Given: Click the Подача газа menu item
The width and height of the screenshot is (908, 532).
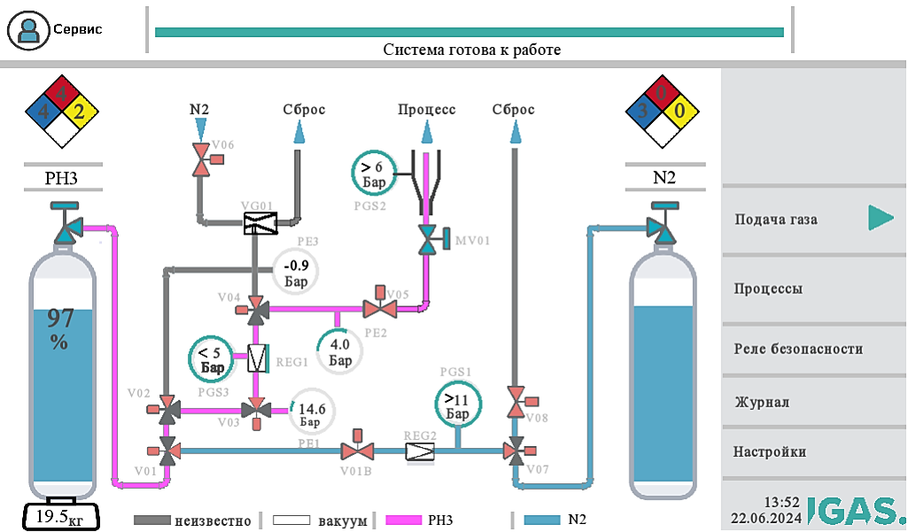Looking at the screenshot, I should [813, 219].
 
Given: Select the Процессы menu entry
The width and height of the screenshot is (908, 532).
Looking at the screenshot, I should [813, 289].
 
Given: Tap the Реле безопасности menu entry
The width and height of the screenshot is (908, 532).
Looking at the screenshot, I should [813, 349].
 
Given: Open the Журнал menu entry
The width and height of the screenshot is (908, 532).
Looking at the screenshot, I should [813, 402].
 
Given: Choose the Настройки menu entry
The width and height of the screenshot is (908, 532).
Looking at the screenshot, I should [813, 451].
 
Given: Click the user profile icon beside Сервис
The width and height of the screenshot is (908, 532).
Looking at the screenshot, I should [29, 30].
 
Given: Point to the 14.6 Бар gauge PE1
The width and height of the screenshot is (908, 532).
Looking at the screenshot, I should [313, 410].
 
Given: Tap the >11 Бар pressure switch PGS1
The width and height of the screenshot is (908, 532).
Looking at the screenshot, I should [457, 405].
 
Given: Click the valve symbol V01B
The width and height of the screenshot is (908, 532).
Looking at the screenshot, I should [358, 451].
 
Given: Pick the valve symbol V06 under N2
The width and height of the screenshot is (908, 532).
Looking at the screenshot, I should [204, 164].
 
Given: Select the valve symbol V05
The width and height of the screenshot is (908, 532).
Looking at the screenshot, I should [381, 308].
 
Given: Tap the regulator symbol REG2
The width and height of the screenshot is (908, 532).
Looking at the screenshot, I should [420, 451].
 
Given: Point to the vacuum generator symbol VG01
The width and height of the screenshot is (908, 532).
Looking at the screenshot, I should [260, 223].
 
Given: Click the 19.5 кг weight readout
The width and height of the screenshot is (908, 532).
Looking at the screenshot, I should [59, 515].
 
